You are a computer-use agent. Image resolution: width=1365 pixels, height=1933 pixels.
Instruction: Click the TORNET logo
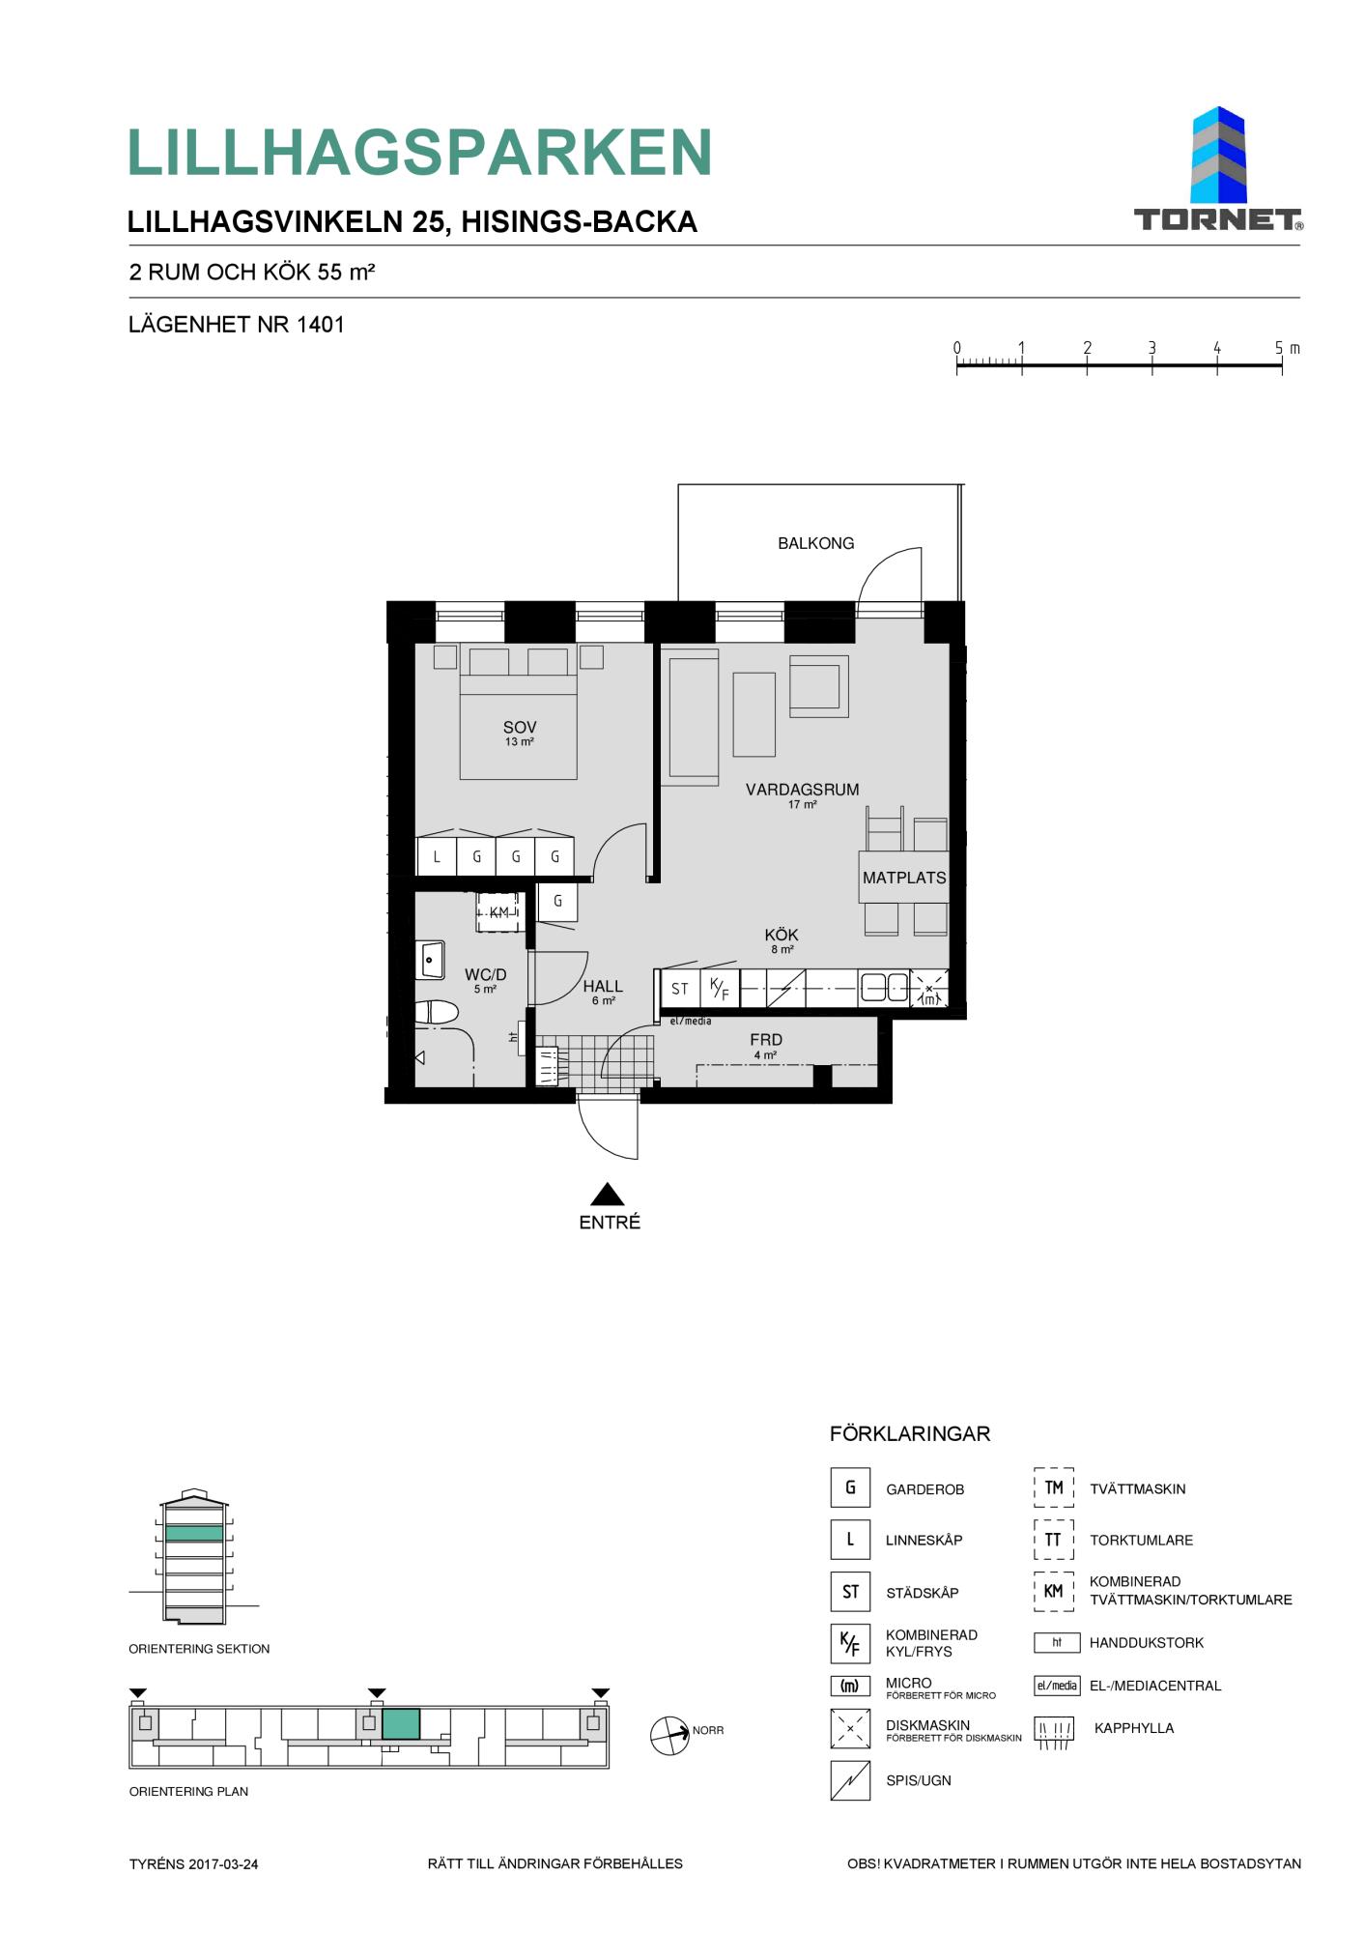(1217, 169)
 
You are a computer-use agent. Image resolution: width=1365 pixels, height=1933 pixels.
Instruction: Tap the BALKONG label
(815, 543)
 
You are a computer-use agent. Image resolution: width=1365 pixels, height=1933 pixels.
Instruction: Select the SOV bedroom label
(519, 728)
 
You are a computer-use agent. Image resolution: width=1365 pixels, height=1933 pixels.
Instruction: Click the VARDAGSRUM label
(802, 790)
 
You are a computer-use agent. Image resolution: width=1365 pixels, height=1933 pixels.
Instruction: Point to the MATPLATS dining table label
(904, 878)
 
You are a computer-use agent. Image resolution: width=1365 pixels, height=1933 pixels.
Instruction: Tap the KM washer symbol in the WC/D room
(499, 912)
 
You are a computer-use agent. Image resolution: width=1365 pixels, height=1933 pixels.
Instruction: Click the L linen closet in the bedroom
(437, 856)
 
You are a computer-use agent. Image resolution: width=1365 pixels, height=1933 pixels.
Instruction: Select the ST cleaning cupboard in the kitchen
(680, 989)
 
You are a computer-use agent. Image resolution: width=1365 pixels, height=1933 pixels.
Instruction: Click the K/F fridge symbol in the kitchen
(719, 989)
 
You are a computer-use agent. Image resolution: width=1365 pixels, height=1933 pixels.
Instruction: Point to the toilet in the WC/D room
(436, 1013)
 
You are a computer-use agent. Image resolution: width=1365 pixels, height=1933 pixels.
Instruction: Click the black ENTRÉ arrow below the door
(607, 1194)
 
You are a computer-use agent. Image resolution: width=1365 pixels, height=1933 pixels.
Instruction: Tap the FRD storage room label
(766, 1040)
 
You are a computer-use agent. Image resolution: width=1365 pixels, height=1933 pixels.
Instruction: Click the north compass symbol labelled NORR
(669, 1735)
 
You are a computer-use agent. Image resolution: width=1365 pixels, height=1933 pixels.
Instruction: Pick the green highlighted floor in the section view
(194, 1533)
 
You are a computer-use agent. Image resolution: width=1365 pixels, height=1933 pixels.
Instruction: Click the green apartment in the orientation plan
(401, 1724)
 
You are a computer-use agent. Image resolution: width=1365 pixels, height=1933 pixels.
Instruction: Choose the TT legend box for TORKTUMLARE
(1053, 1540)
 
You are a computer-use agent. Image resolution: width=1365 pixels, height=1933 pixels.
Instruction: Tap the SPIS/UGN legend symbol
(850, 1780)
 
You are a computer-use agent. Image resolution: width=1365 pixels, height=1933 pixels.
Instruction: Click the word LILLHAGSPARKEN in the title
(420, 153)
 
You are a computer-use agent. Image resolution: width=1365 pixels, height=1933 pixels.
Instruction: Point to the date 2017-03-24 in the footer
(223, 1864)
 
